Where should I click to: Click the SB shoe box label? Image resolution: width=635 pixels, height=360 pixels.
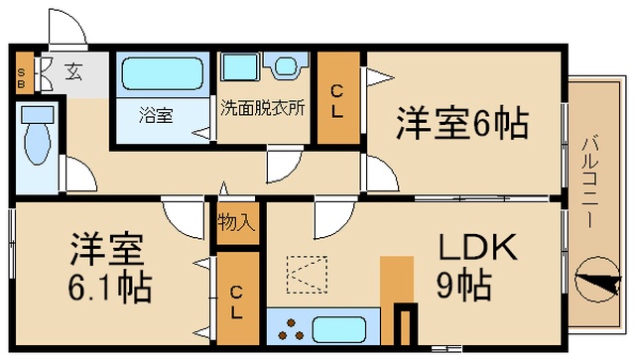21,78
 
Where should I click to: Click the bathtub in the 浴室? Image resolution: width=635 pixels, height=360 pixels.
162,73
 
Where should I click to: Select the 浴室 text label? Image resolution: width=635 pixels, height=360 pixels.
156,115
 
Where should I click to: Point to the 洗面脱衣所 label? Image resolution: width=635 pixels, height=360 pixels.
262,108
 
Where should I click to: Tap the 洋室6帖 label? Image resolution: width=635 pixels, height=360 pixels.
462,122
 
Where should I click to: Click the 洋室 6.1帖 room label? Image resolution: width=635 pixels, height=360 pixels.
108,268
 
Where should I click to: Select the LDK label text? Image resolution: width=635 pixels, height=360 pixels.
478,247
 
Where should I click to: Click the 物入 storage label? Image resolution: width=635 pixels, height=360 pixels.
236,222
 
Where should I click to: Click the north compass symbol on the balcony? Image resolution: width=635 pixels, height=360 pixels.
597,280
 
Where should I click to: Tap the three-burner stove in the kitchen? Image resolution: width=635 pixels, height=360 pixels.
291,329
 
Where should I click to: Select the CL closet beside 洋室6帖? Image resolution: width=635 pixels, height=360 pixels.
338,97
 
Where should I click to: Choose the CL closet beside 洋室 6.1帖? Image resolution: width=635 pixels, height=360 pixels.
238,299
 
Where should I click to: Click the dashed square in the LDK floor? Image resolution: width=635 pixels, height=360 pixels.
307,274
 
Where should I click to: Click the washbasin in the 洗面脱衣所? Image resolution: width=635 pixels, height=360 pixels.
286,65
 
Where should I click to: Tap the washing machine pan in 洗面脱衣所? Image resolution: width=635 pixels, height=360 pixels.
240,66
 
